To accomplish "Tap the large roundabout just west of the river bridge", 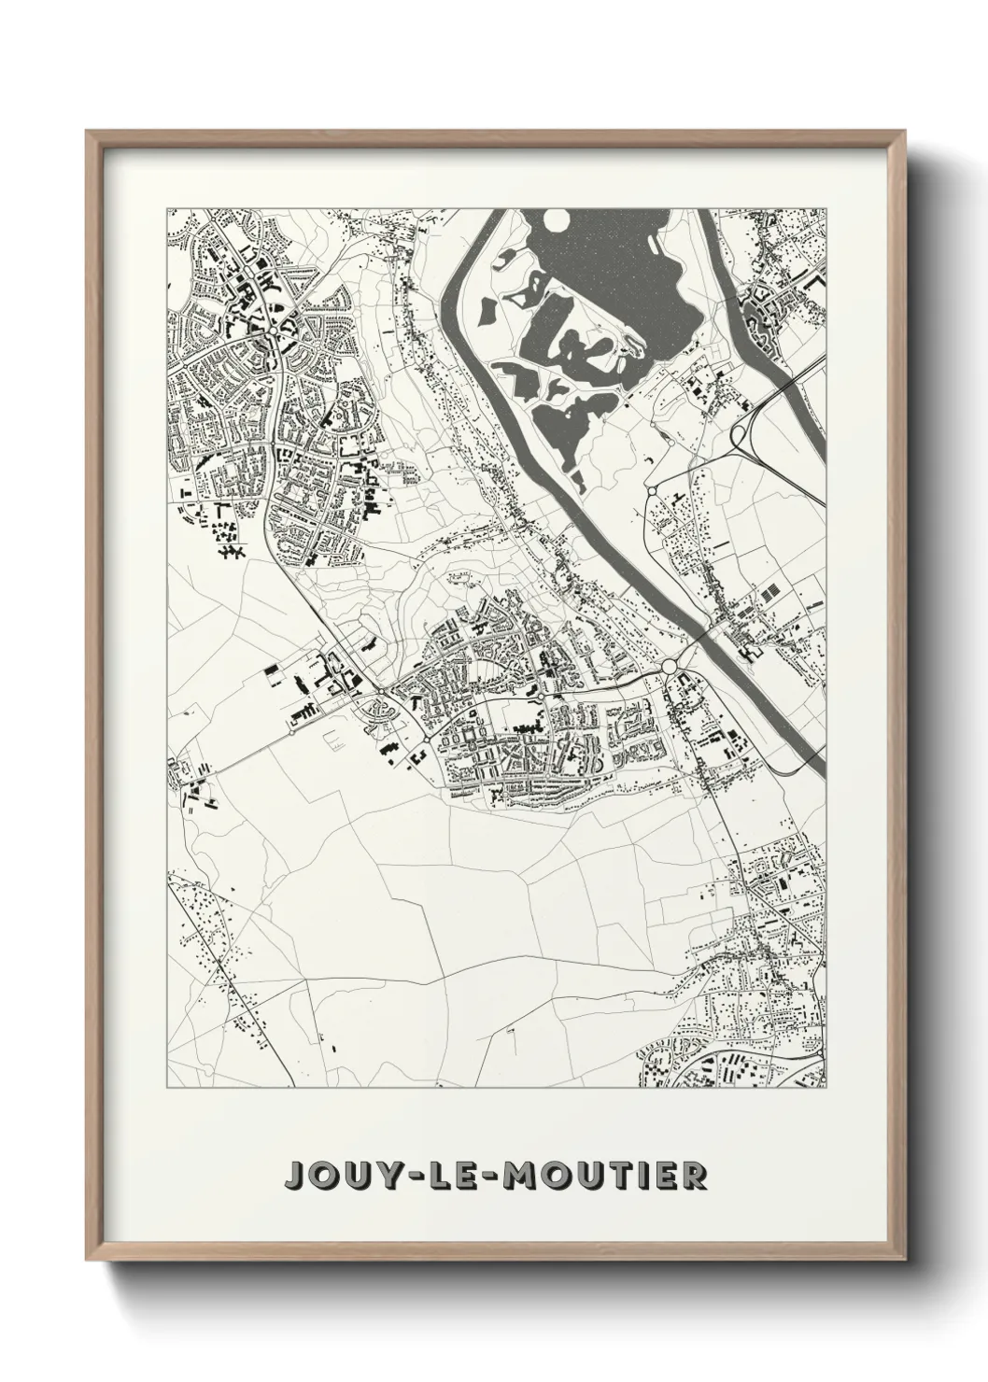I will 670,666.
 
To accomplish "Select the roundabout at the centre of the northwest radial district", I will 272,331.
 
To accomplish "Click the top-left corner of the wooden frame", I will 87,132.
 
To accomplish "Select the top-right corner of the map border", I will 826,207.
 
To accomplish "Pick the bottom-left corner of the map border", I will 167,1089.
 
